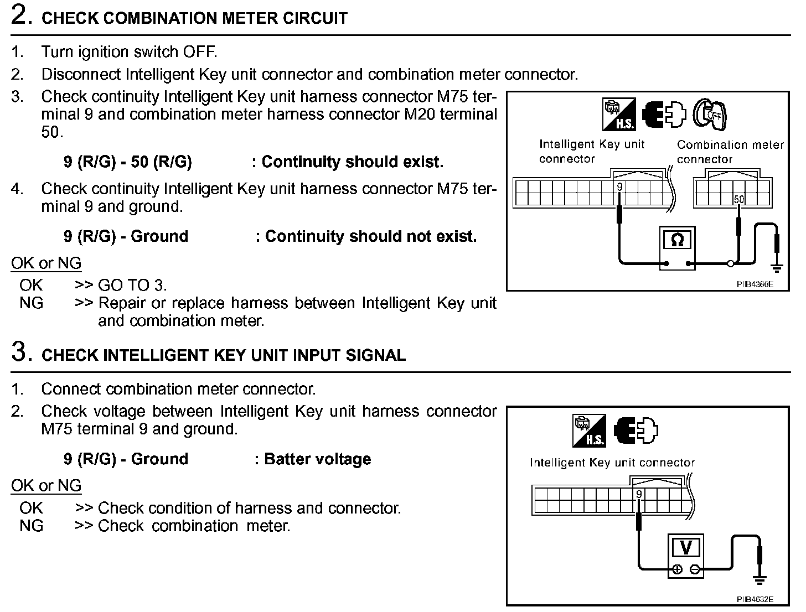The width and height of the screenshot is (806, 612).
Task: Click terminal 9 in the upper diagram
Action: click(x=619, y=187)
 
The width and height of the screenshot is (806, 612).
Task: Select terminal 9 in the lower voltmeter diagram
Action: click(x=639, y=494)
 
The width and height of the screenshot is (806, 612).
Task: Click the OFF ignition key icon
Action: click(x=711, y=115)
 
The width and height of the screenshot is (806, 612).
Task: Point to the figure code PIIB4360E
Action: click(x=755, y=284)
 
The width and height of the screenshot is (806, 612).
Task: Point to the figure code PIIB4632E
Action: click(x=755, y=599)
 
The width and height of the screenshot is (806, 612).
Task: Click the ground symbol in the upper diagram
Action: click(x=777, y=268)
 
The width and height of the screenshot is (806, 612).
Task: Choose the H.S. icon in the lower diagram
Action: click(x=589, y=431)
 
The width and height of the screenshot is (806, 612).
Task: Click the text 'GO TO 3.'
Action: click(x=132, y=286)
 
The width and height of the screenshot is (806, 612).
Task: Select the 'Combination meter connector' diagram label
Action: click(x=730, y=152)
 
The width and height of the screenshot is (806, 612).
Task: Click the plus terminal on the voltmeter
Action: click(x=676, y=570)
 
